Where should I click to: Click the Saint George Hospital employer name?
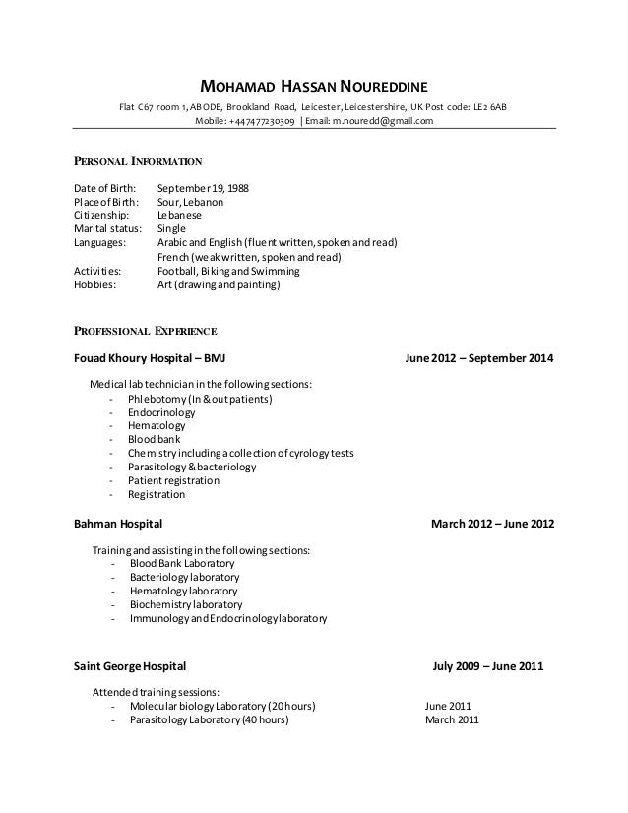pyautogui.click(x=129, y=666)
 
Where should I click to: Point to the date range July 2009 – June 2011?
pyautogui.click(x=487, y=666)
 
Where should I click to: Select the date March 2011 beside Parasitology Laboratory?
pyautogui.click(x=452, y=719)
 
